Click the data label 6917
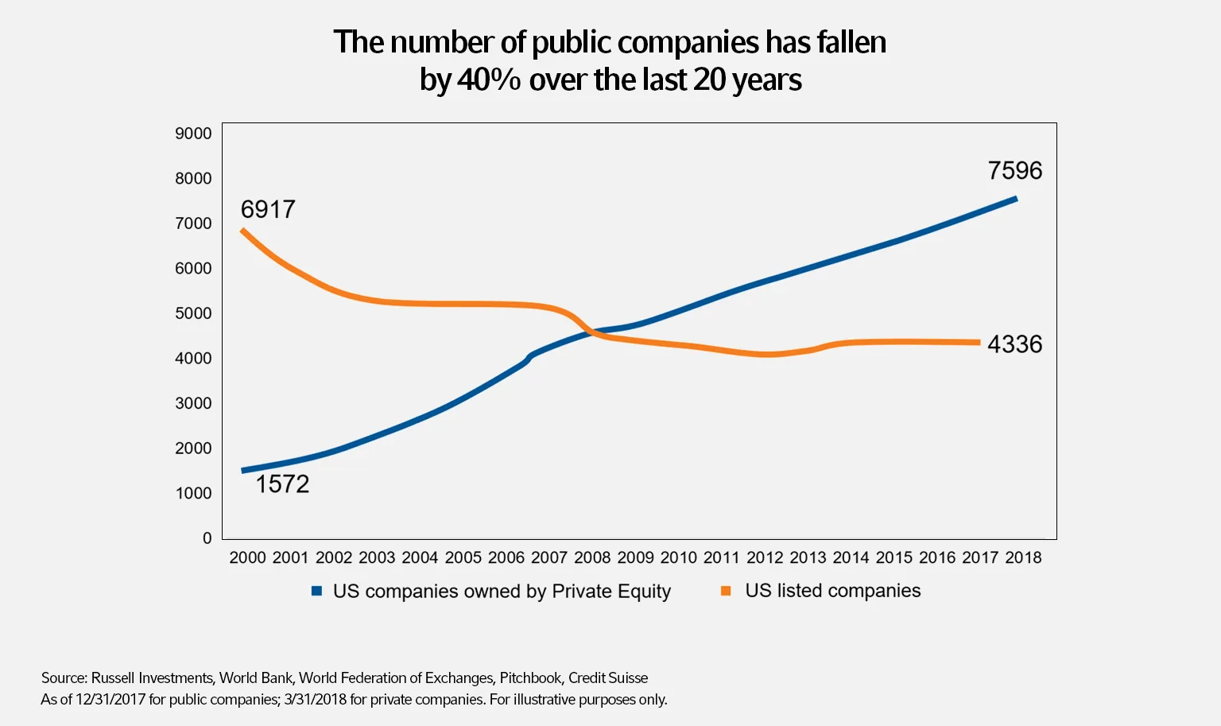coord(268,209)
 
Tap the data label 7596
coord(1014,170)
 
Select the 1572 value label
coord(282,483)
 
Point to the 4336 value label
coord(1014,344)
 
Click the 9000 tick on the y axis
coord(193,134)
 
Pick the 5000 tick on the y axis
coord(193,313)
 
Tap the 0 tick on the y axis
coord(207,538)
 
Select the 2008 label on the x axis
coord(592,557)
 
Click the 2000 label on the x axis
coord(247,557)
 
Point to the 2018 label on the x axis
coord(1023,557)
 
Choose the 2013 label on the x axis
coord(808,557)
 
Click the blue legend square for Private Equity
coord(316,591)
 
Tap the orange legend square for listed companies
coord(726,591)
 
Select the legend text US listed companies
coord(832,591)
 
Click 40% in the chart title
coord(489,80)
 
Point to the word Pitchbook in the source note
coord(530,677)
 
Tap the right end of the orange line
coord(979,343)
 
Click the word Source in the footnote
coord(64,677)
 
